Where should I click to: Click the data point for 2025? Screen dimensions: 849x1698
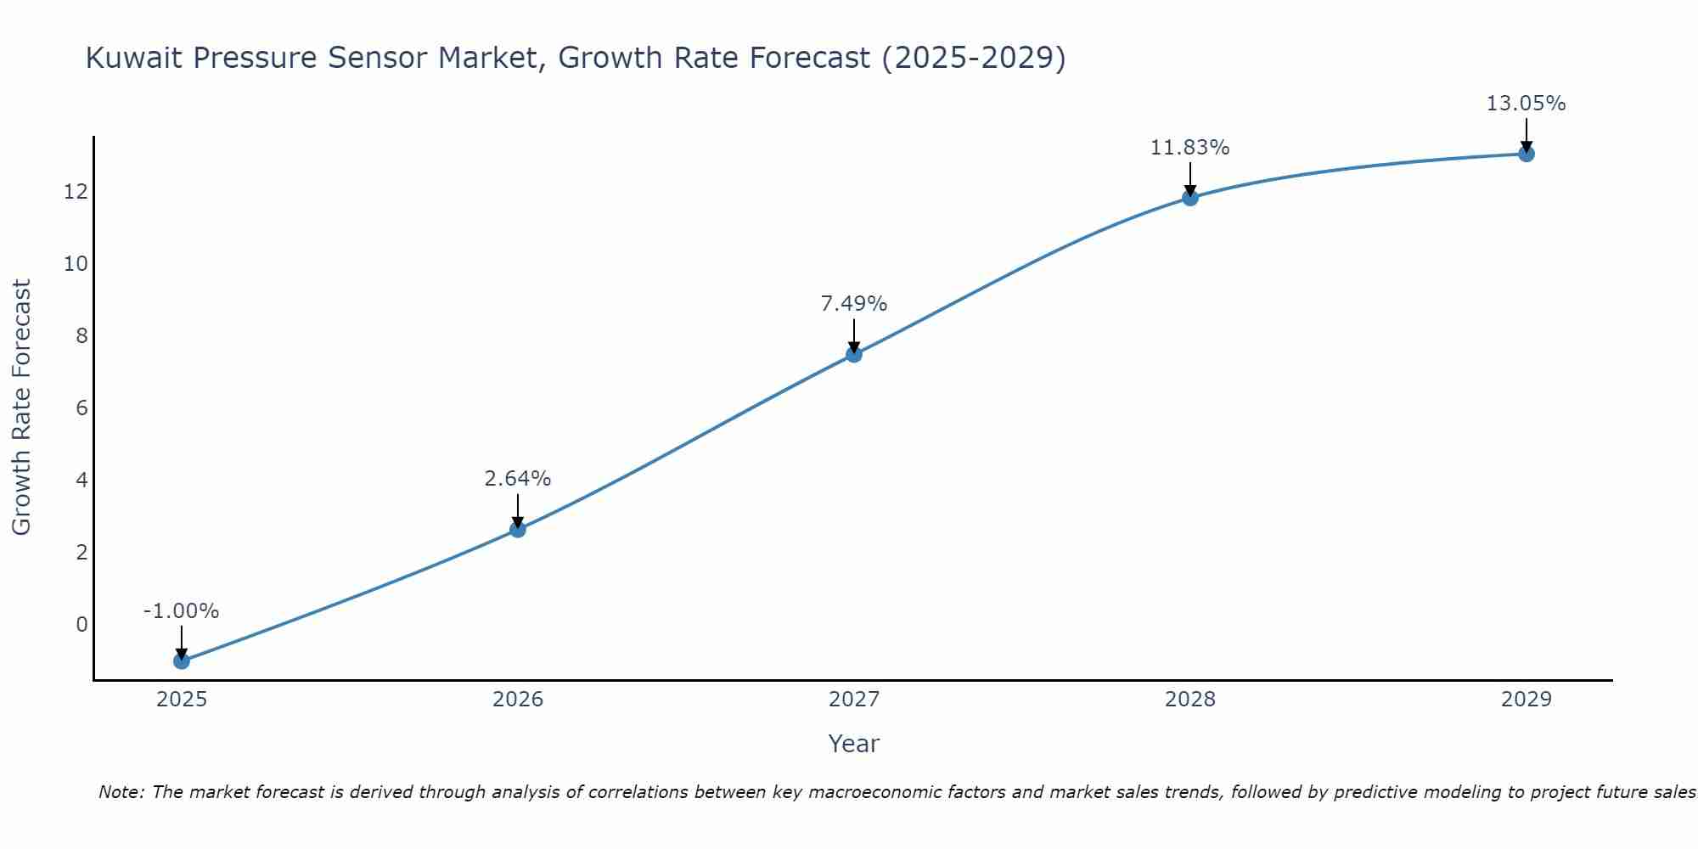tap(182, 661)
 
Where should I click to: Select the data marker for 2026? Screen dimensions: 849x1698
tap(518, 530)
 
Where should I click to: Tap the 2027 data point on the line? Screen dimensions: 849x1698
tap(854, 354)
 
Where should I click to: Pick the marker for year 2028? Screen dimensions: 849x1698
tap(1190, 198)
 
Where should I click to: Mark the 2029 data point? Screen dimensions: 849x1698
tap(1527, 154)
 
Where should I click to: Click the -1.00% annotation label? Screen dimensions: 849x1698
tap(182, 611)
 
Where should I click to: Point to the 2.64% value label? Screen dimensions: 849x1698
tap(518, 479)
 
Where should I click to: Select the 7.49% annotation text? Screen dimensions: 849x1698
tap(854, 304)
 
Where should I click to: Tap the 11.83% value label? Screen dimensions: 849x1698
tap(1190, 148)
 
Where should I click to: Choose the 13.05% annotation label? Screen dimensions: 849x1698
tap(1527, 104)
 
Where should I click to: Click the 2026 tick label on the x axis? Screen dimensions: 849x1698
tap(518, 700)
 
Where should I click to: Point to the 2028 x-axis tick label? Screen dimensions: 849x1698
tap(1190, 700)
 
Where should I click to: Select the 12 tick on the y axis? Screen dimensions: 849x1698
tap(76, 192)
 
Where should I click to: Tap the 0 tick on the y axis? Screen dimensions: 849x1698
tap(82, 625)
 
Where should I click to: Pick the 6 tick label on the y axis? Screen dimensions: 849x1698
tap(82, 408)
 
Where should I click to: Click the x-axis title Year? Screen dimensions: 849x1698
tap(854, 744)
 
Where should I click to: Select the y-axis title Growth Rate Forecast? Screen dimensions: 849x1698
tap(21, 408)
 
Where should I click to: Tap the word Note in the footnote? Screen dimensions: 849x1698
tap(121, 792)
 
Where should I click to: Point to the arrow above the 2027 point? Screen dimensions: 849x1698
tap(854, 335)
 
